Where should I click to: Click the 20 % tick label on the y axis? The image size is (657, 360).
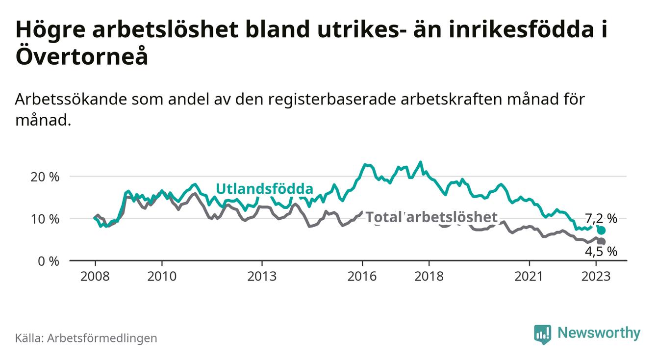[45, 177]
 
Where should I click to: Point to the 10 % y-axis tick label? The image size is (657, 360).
[45, 219]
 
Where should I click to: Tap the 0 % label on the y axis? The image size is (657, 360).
[48, 261]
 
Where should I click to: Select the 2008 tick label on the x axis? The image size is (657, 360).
[95, 276]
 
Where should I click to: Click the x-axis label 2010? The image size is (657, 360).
[162, 276]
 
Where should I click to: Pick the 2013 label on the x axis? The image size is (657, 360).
[262, 276]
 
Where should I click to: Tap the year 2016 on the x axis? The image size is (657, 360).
[362, 276]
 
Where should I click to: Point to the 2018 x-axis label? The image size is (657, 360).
[429, 276]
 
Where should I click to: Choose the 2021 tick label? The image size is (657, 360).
[530, 276]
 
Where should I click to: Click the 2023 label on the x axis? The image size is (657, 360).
[596, 276]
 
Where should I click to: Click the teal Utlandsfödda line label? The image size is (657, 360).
[264, 189]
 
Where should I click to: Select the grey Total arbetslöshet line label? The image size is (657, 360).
[431, 217]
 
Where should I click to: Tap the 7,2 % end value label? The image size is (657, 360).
[601, 219]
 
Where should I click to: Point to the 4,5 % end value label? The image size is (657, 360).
[601, 252]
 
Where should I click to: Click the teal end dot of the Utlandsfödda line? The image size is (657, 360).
[602, 231]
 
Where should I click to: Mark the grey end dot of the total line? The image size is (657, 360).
[602, 241]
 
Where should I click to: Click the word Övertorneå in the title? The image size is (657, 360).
[81, 56]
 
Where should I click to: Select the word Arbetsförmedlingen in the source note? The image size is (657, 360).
[102, 338]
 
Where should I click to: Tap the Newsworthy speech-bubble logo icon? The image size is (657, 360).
[542, 334]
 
